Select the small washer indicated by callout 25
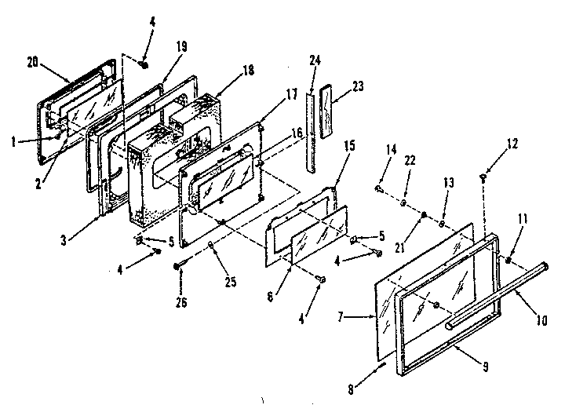213,246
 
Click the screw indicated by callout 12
481,181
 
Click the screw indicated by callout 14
379,189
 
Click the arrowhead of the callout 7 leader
379,317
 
